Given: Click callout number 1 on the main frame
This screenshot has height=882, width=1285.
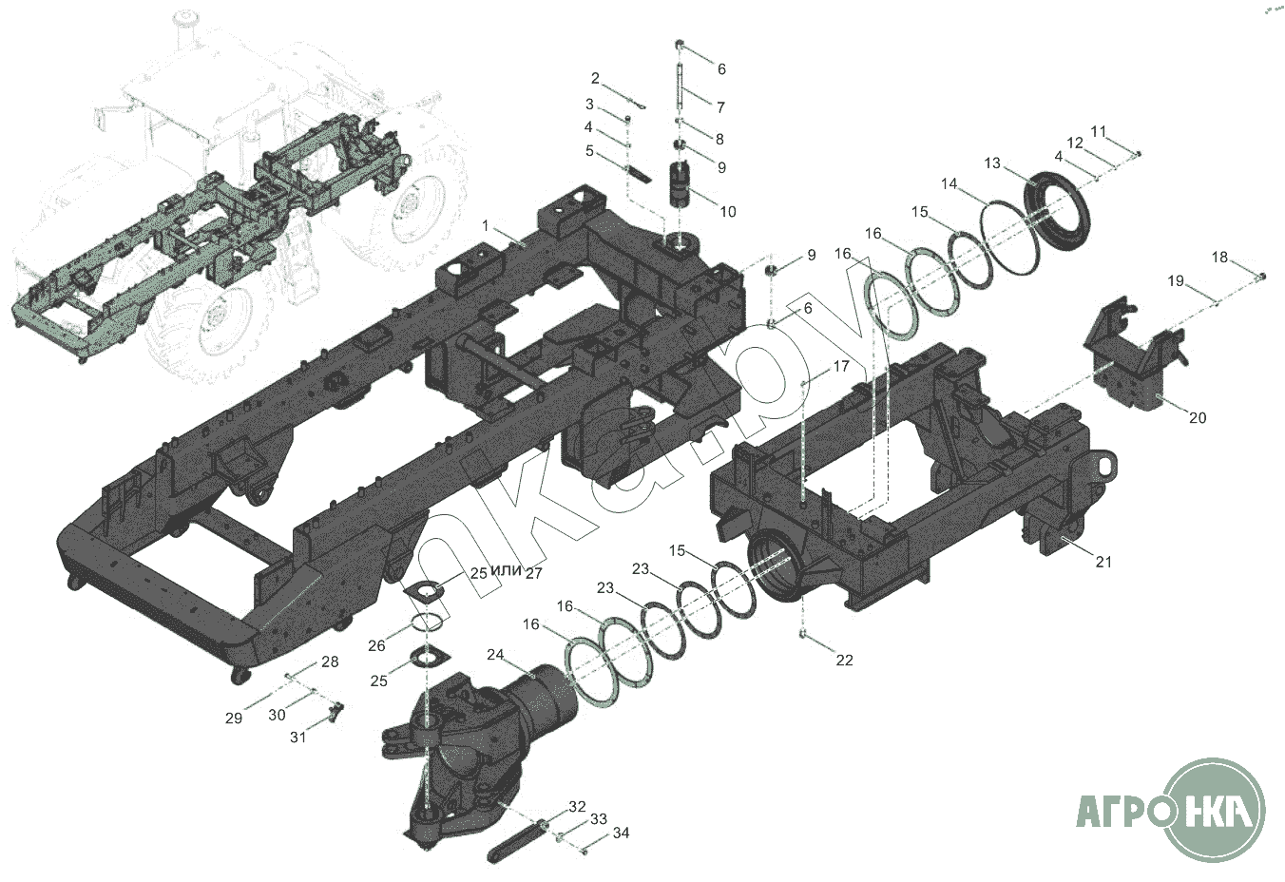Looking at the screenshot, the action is click(x=486, y=226).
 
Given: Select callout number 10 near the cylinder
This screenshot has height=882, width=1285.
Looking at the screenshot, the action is click(x=727, y=212).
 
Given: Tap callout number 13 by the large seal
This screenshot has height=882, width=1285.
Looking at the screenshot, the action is click(x=992, y=163).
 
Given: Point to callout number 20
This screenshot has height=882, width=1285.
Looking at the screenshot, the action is click(x=1198, y=418).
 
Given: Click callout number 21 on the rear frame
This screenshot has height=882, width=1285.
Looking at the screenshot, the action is click(x=1103, y=562).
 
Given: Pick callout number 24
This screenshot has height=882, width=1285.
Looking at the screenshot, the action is click(x=495, y=654).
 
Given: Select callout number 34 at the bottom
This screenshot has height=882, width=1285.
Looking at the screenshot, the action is click(x=622, y=833).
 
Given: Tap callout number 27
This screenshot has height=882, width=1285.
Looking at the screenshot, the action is click(x=533, y=573).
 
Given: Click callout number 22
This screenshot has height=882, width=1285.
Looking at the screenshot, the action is click(x=844, y=660).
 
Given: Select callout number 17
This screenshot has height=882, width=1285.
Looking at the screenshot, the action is click(x=840, y=365).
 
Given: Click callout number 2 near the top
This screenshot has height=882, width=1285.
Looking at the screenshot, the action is click(x=595, y=78).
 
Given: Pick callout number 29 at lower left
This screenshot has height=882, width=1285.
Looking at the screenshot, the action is click(x=234, y=718).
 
